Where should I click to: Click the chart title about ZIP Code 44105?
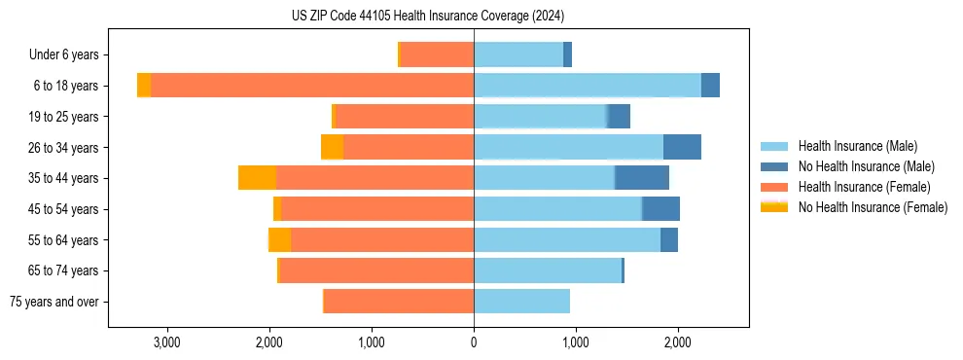click(x=428, y=17)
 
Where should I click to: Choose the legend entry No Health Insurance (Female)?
click(x=873, y=207)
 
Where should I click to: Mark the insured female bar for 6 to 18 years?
click(x=312, y=86)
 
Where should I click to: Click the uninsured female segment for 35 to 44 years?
click(x=257, y=178)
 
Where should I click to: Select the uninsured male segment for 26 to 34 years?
click(x=682, y=147)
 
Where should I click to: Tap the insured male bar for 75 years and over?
click(x=521, y=302)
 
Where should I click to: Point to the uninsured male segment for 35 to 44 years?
click(x=642, y=178)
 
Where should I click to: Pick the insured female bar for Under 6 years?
click(x=437, y=54)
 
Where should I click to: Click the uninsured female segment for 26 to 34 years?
click(x=332, y=147)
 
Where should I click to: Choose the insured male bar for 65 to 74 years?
click(x=548, y=270)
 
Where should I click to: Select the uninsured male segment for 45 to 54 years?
click(x=660, y=209)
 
